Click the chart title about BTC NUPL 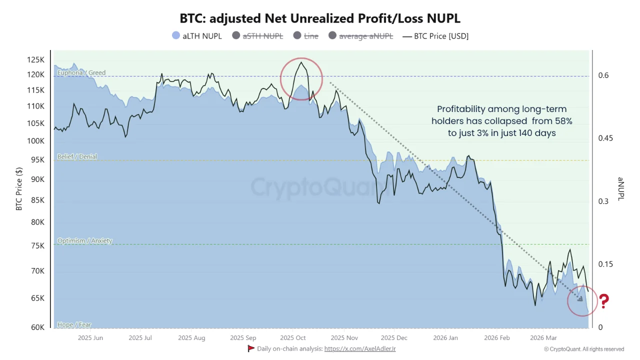pos(320,18)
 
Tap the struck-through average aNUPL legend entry pos(360,35)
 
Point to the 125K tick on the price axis pos(35,60)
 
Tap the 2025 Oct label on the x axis pos(293,338)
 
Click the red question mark pos(604,301)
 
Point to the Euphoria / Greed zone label pos(81,73)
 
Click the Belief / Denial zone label pos(77,157)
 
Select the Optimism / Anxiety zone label pos(84,241)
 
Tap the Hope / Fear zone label pos(74,325)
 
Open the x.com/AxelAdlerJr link pos(360,348)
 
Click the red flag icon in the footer pos(251,348)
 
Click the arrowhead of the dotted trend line pos(580,298)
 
